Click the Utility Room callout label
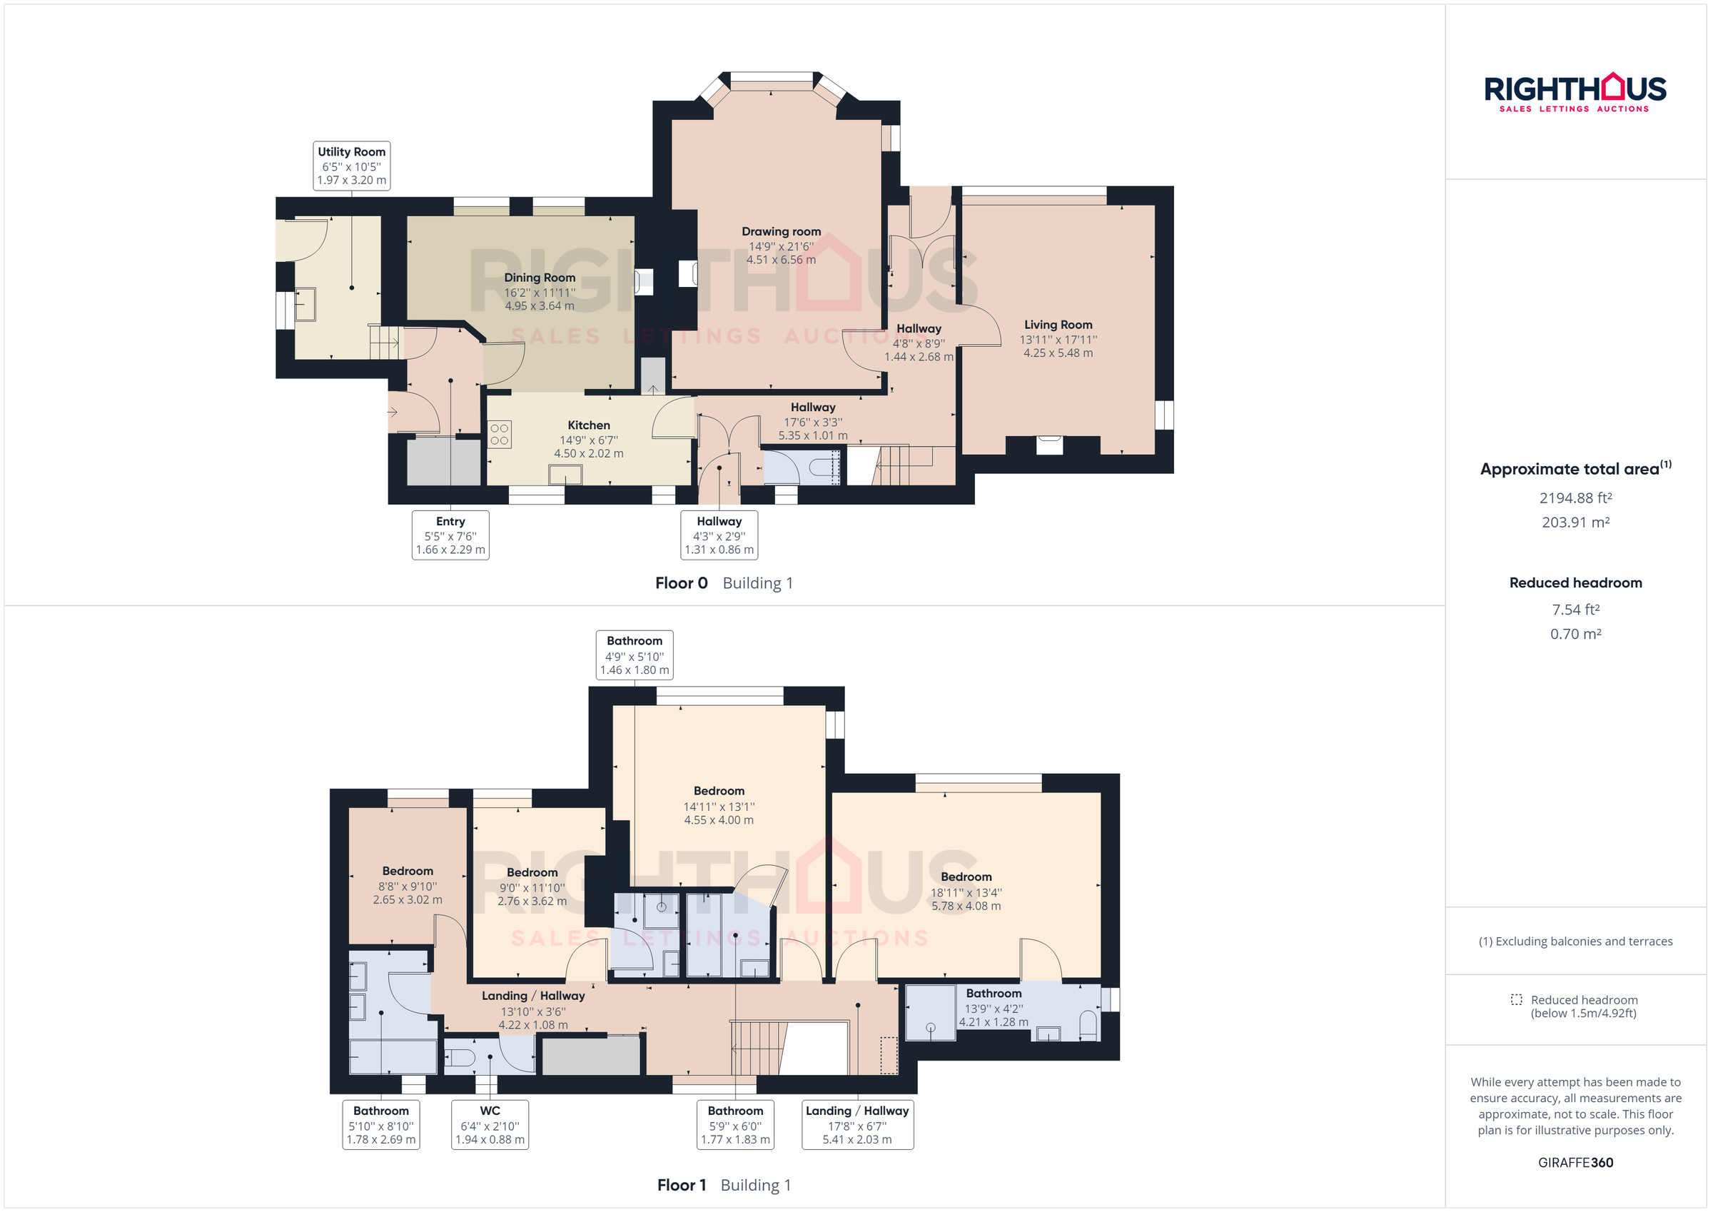click(x=350, y=165)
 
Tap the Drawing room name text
click(x=780, y=231)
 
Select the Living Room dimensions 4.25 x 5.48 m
click(x=1057, y=353)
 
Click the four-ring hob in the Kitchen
click(x=499, y=435)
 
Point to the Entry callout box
click(x=450, y=535)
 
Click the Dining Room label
click(x=540, y=278)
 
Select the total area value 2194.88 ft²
click(x=1575, y=498)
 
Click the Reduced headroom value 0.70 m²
click(x=1575, y=634)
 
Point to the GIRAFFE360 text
click(x=1575, y=1162)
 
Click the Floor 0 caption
click(x=680, y=583)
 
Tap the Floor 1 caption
click(x=680, y=1185)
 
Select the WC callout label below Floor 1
click(x=490, y=1124)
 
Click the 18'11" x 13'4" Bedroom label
click(x=966, y=891)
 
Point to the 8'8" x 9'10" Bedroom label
click(x=408, y=885)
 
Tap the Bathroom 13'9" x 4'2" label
click(x=993, y=1006)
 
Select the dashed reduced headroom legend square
click(x=1516, y=999)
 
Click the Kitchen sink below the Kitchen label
click(x=565, y=474)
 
